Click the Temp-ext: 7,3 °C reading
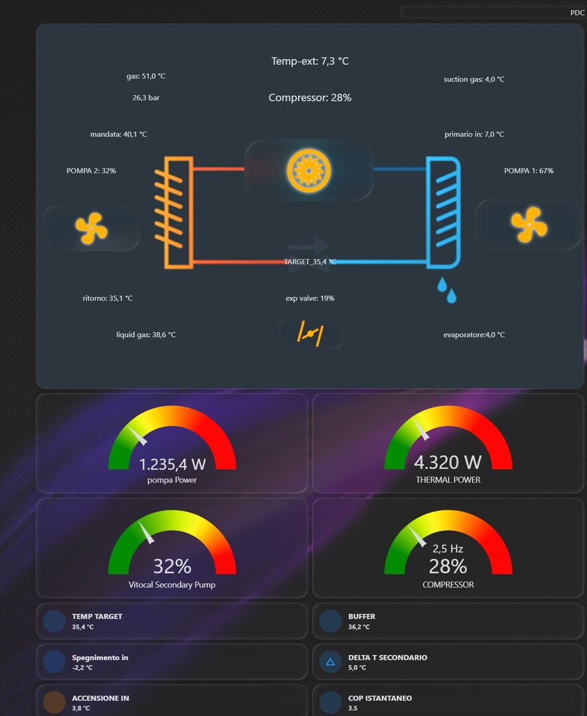310,61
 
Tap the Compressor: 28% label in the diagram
310,98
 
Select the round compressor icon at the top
308,171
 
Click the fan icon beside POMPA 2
91,228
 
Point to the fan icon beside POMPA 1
529,224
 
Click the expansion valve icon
310,333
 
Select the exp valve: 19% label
310,299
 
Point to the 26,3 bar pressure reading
146,98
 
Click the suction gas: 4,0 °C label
474,80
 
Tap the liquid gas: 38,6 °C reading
146,335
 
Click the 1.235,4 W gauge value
172,465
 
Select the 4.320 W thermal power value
448,462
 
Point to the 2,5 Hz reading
448,549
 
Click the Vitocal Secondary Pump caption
172,585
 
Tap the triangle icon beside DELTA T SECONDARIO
330,662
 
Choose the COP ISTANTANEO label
379,698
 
